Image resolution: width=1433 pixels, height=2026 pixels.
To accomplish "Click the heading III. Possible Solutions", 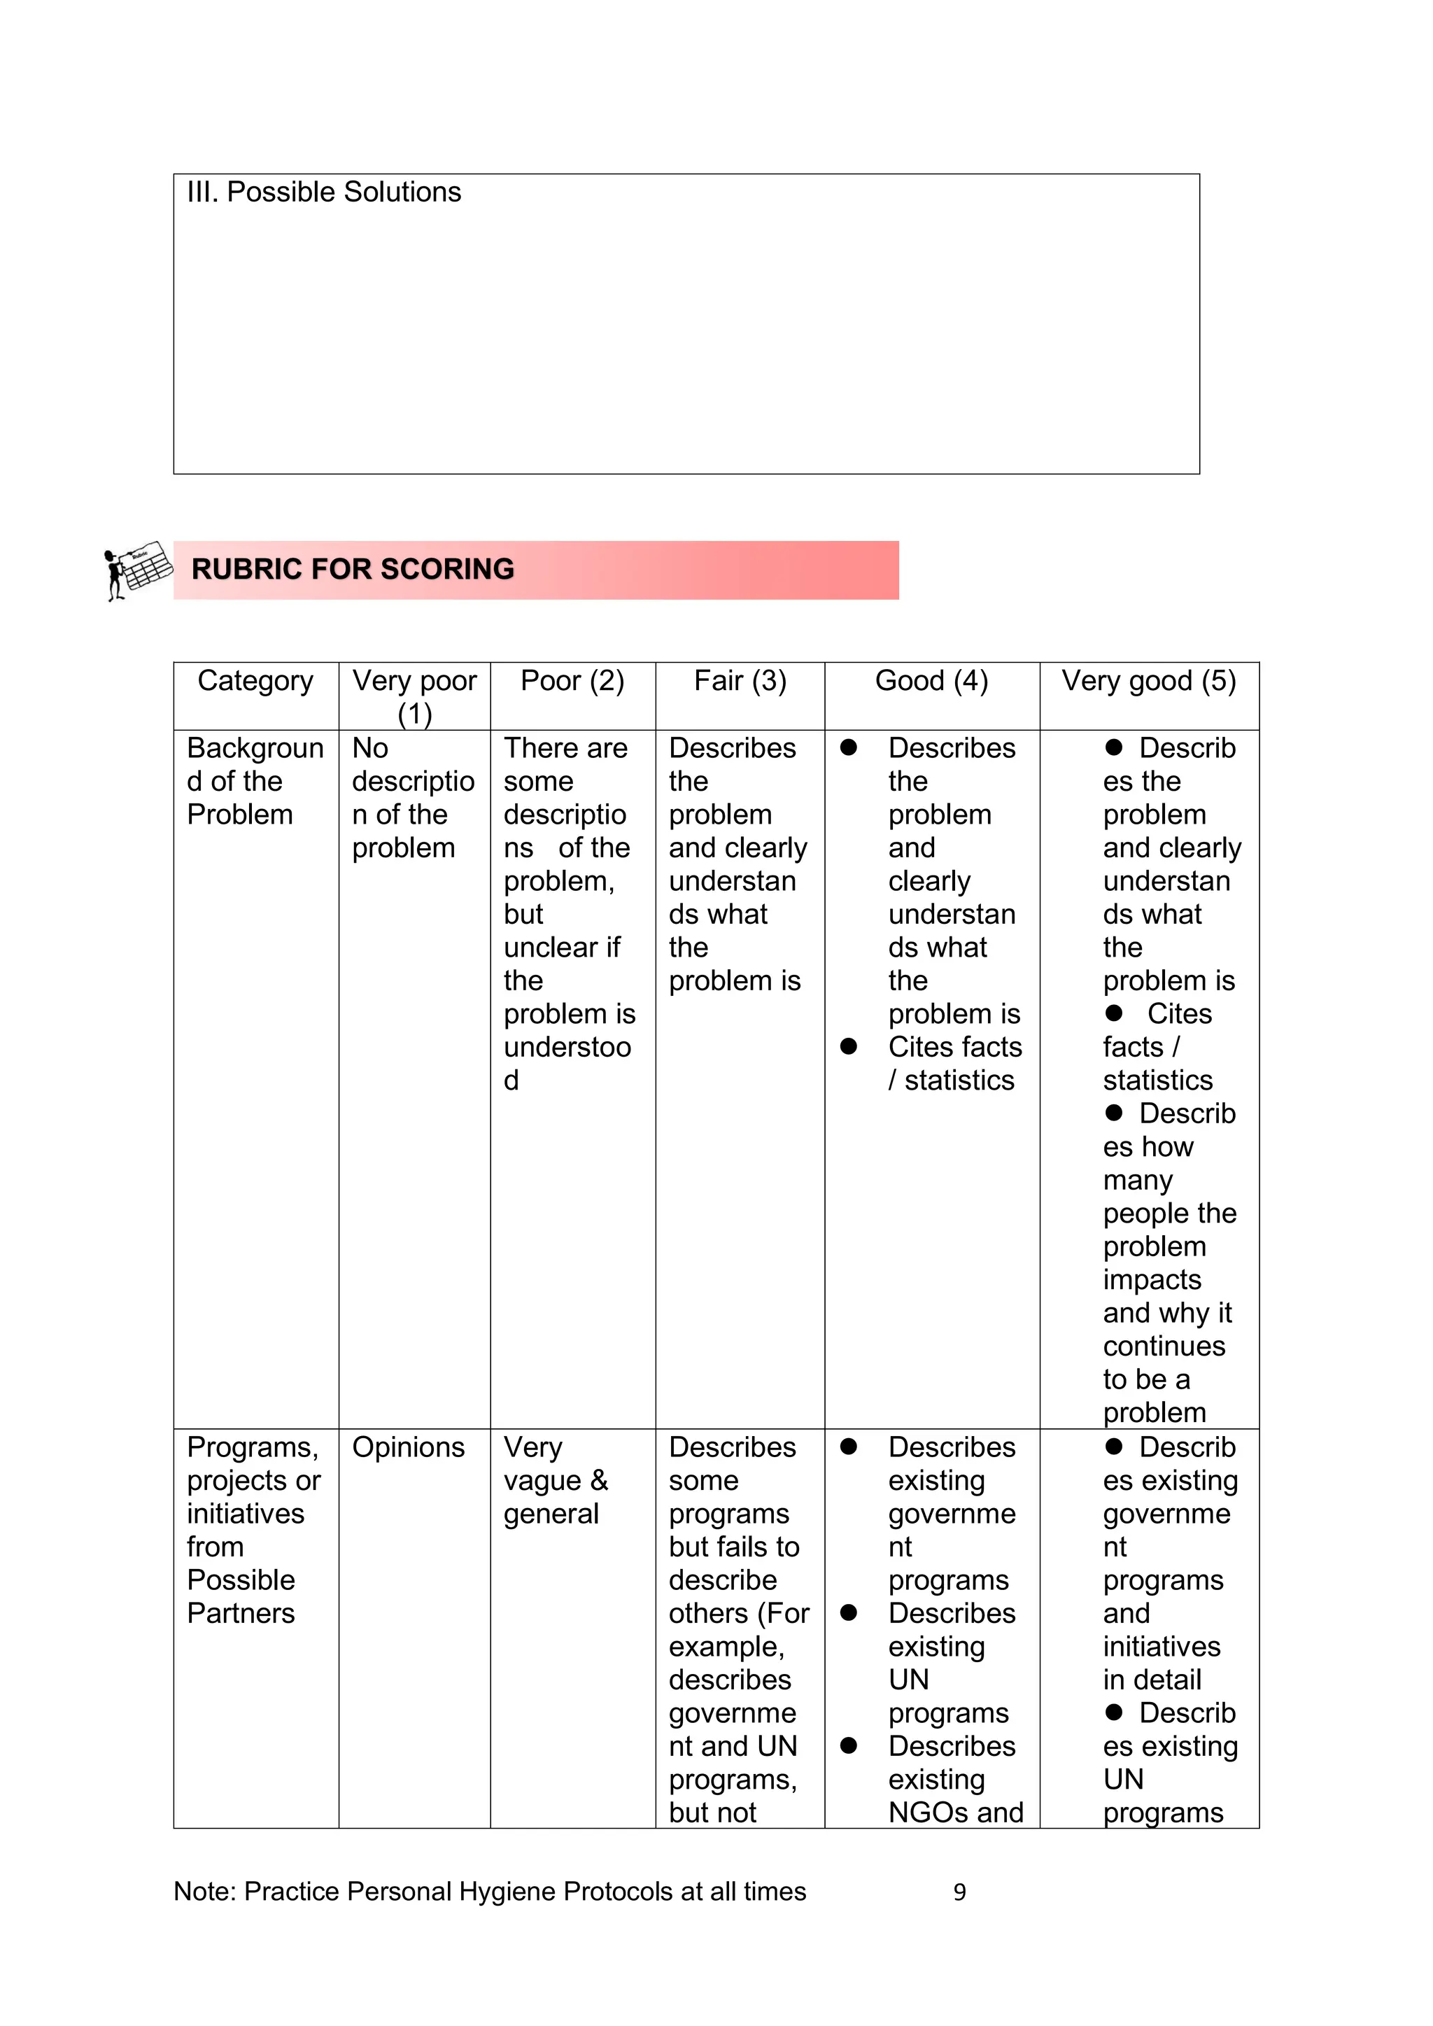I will point(324,192).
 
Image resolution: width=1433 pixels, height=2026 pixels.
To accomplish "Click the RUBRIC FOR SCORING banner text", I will point(352,569).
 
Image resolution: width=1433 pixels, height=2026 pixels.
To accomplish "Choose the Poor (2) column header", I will point(572,681).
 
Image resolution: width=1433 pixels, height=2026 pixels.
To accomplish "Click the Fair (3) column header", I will point(740,681).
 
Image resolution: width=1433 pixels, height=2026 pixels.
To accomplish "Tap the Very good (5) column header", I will point(1148,681).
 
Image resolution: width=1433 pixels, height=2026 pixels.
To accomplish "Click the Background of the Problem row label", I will point(254,781).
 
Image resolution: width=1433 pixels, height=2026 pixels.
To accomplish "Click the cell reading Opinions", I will point(408,1447).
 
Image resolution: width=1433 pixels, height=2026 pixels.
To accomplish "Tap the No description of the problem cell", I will point(412,798).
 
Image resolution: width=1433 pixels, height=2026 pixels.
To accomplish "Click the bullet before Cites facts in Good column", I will point(849,1046).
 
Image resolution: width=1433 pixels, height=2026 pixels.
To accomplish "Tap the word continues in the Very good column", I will point(1163,1346).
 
